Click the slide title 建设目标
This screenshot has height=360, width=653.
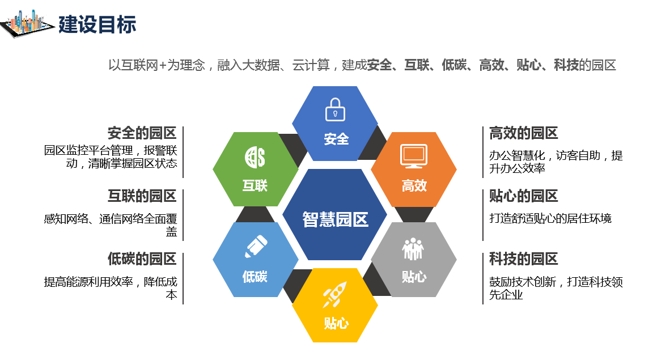coord(97,24)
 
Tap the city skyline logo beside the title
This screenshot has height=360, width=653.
coord(27,24)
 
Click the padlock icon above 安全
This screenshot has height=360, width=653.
coord(335,109)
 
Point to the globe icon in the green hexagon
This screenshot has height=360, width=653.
coord(255,157)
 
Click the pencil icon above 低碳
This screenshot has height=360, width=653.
coord(256,246)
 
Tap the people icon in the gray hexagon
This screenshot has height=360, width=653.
coord(413,249)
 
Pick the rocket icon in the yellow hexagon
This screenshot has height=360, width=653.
coord(334,294)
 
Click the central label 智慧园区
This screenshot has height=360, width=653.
coord(335,219)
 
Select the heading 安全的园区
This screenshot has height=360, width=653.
coord(142,133)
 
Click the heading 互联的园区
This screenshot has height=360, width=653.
coord(142,196)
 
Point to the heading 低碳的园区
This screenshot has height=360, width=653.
coord(142,259)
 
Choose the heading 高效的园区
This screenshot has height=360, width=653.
coord(524,133)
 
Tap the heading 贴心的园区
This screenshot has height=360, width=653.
coord(524,196)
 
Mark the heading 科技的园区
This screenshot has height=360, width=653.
coord(524,259)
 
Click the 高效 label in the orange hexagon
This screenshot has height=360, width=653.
coord(414,185)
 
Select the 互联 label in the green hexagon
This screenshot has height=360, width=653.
coord(255,185)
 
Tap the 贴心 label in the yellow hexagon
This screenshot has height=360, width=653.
coord(336,323)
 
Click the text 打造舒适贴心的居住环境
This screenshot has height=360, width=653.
coord(550,218)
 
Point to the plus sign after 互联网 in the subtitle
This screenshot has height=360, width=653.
coord(163,65)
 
